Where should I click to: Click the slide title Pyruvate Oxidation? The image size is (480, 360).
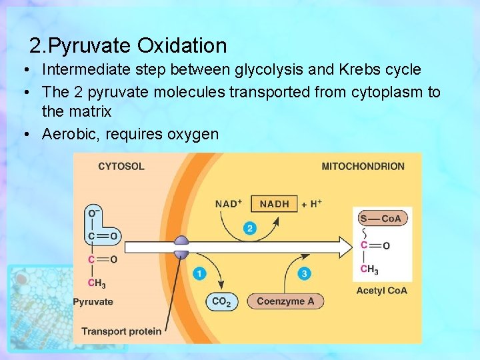[128, 46]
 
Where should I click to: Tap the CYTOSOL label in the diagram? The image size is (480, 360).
[121, 166]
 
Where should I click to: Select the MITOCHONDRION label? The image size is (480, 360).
[363, 166]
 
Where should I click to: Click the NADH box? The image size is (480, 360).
[275, 204]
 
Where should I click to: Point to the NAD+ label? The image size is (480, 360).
[228, 204]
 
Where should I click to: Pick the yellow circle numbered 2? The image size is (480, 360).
[250, 229]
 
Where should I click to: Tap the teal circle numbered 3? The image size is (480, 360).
[305, 273]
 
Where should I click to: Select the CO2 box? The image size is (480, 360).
[221, 301]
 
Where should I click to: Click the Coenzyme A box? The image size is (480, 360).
[285, 301]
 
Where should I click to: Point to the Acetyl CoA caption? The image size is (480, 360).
[381, 291]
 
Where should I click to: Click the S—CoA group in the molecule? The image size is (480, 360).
[381, 219]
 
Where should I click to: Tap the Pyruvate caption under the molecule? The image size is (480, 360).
[93, 301]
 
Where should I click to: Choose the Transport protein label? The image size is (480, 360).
[121, 331]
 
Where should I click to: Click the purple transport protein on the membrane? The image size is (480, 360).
[181, 247]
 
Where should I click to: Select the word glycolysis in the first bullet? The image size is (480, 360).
[264, 69]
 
